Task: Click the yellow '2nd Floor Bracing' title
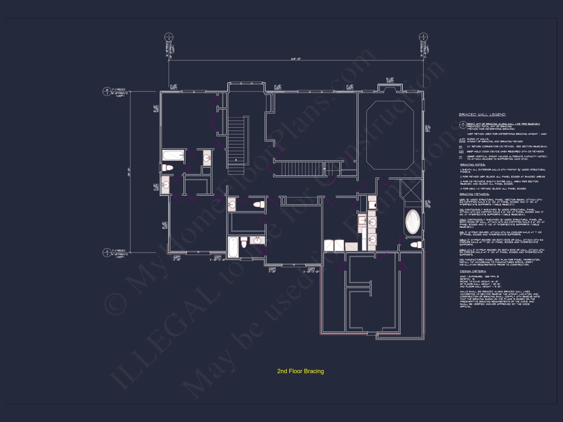300,371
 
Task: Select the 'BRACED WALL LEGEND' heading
482,115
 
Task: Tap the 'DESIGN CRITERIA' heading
473,271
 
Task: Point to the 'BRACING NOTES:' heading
472,165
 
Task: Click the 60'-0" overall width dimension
296,59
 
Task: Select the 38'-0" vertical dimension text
129,172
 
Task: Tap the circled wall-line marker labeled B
107,91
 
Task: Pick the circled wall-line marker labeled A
107,252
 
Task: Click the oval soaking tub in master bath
412,222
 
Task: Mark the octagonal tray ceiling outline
390,135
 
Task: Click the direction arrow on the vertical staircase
236,160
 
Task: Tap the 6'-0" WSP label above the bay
390,80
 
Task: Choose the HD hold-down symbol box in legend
461,152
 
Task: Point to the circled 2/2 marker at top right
423,37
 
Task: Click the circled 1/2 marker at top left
169,37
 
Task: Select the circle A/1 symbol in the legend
463,125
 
